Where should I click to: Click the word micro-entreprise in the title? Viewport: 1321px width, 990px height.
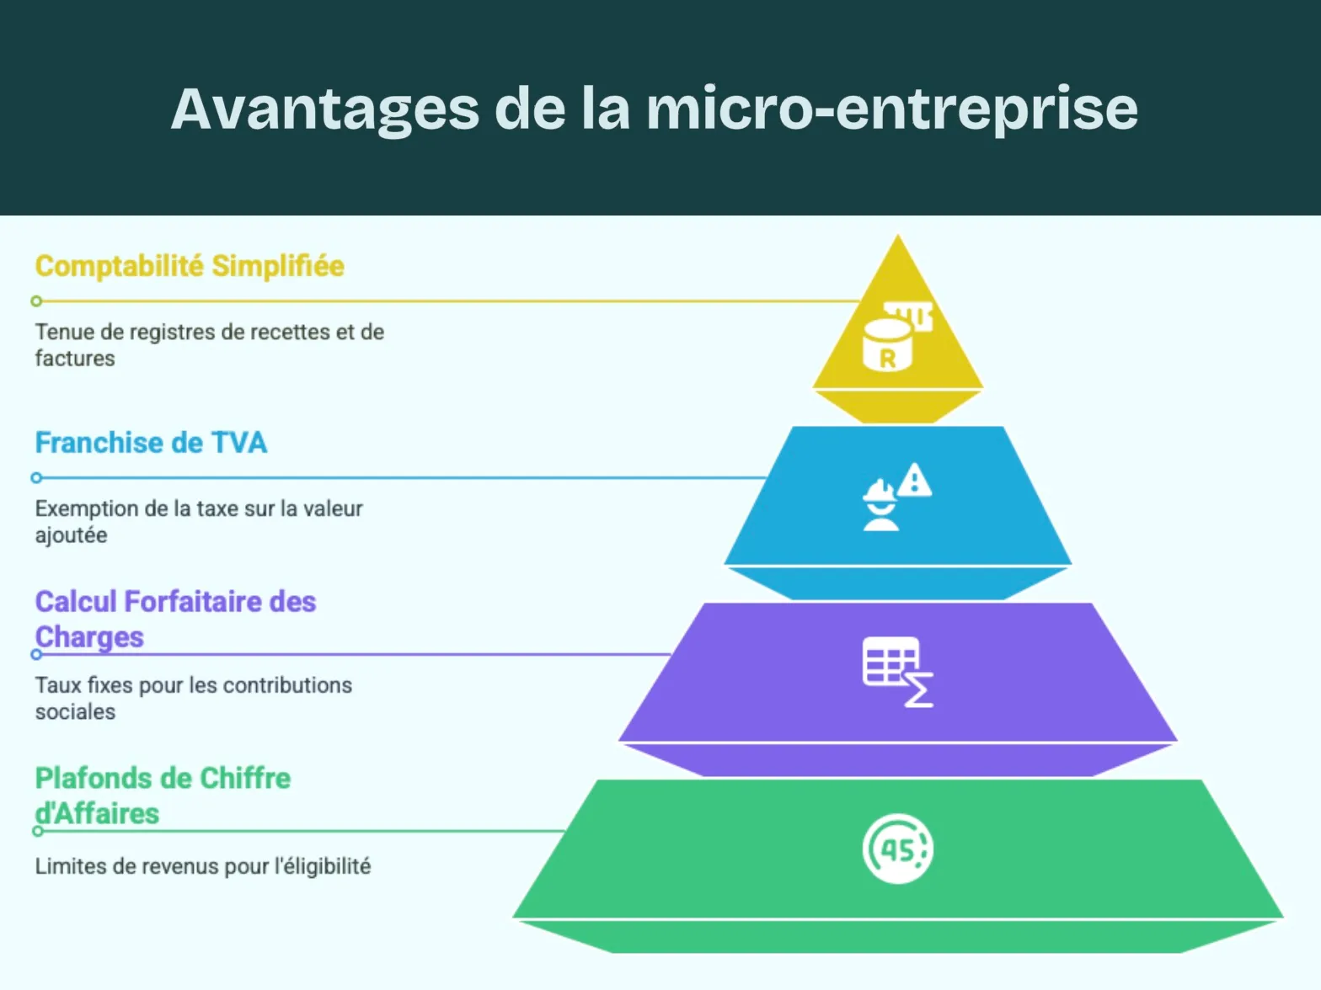click(892, 109)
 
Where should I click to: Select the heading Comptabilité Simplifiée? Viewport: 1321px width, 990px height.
click(190, 266)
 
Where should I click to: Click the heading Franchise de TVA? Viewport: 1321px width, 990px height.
click(151, 443)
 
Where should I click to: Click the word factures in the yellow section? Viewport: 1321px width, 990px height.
click(75, 359)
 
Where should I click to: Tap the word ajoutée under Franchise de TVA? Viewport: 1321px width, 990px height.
click(72, 535)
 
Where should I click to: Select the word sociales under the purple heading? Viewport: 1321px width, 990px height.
click(75, 712)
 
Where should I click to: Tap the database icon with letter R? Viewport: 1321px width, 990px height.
click(887, 345)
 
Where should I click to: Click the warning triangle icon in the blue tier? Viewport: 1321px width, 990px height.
click(914, 481)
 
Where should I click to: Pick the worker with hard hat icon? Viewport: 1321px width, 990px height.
click(880, 506)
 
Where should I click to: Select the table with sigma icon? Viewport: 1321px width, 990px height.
click(897, 672)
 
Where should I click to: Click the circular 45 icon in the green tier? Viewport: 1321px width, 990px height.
click(897, 849)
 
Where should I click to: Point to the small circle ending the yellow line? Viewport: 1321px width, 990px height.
click(36, 301)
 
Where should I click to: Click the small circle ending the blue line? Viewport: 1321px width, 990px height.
click(36, 478)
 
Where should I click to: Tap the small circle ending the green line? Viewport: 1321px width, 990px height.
click(37, 832)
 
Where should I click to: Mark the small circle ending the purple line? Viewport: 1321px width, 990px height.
click(36, 655)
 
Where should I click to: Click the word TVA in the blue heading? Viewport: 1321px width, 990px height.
click(238, 443)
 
